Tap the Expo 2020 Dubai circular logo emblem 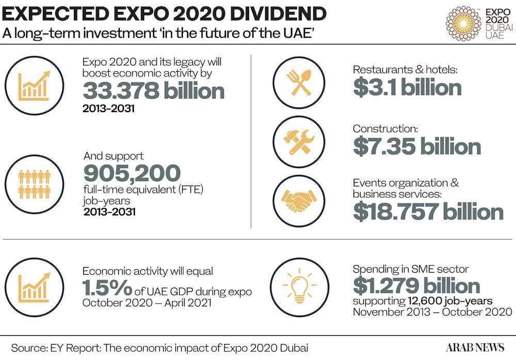point(463,23)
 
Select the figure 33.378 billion point(154,90)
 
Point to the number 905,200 point(132,173)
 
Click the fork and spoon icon point(299,83)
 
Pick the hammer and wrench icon point(299,142)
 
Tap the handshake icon point(298,201)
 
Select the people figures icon point(35,184)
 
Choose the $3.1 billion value point(408,88)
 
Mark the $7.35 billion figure point(417,147)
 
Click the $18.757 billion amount point(428,211)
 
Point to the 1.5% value point(107,288)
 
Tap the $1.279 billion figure point(416,285)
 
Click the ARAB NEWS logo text point(475,348)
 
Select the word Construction point(385,129)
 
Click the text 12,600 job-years point(450,301)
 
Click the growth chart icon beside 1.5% point(34,288)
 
